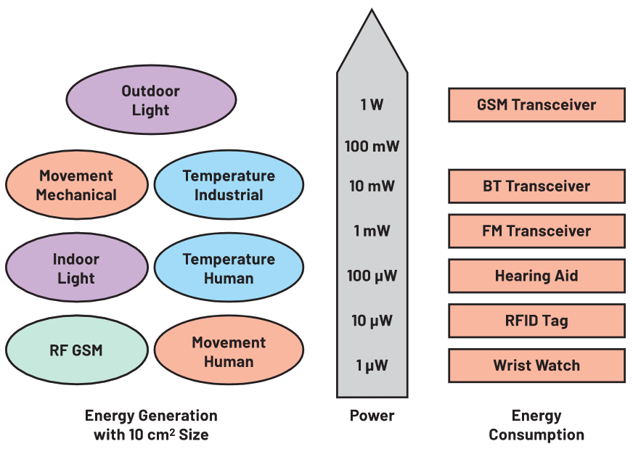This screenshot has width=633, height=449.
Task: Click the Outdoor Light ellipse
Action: tap(151, 100)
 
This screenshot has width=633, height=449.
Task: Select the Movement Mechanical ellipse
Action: tap(76, 185)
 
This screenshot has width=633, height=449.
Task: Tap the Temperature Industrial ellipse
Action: tap(229, 185)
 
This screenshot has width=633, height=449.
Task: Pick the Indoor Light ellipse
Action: tap(76, 268)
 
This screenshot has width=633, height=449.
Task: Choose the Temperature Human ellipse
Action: tap(229, 268)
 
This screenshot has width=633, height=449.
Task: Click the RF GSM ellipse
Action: tap(76, 351)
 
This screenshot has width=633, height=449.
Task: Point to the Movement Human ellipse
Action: tap(229, 352)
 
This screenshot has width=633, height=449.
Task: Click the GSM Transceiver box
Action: tap(536, 104)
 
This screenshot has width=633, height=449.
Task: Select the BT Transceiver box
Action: tap(536, 186)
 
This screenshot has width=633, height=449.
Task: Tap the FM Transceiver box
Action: tap(536, 231)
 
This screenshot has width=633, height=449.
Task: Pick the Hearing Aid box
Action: tap(536, 276)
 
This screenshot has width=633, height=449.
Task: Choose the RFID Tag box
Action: tap(536, 321)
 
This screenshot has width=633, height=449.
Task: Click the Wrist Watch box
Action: tap(536, 366)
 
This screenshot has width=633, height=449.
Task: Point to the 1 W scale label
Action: tap(372, 104)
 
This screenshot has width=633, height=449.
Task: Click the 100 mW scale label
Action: tap(372, 147)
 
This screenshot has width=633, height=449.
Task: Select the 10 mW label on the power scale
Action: tap(372, 186)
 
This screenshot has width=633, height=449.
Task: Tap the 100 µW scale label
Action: tap(372, 276)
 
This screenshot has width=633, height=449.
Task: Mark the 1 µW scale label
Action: tap(372, 366)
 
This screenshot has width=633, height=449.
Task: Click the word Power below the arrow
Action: tap(372, 416)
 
